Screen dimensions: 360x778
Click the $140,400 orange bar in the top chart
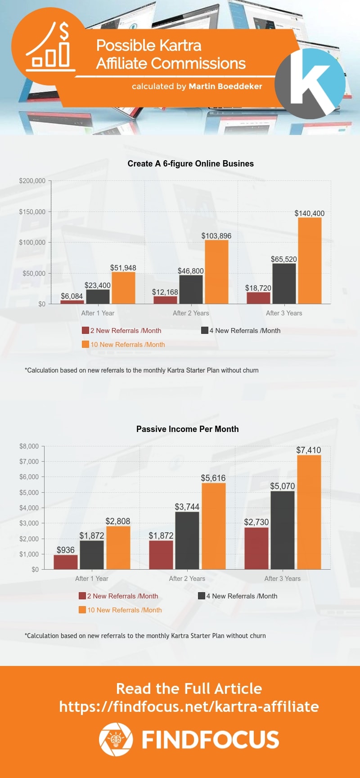(310, 261)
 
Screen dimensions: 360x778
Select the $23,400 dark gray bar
(98, 297)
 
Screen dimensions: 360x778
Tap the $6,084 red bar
(72, 302)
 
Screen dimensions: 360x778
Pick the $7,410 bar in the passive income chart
(309, 512)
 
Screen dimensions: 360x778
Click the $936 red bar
(66, 562)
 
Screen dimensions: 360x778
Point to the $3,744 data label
(187, 507)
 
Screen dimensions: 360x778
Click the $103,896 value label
(216, 236)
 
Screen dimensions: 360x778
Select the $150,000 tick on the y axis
(32, 211)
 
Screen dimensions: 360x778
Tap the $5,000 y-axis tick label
(29, 492)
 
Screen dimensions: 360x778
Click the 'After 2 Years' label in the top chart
(191, 313)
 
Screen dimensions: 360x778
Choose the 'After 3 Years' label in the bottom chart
(283, 579)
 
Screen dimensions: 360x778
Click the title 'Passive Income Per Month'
(188, 429)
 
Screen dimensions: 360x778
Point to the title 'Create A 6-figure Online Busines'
(191, 164)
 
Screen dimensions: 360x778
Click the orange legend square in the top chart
(85, 344)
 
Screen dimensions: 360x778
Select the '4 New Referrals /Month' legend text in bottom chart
(242, 596)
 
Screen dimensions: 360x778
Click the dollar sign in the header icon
(64, 31)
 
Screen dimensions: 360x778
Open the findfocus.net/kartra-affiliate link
(189, 706)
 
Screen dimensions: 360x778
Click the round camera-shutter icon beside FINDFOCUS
(116, 739)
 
